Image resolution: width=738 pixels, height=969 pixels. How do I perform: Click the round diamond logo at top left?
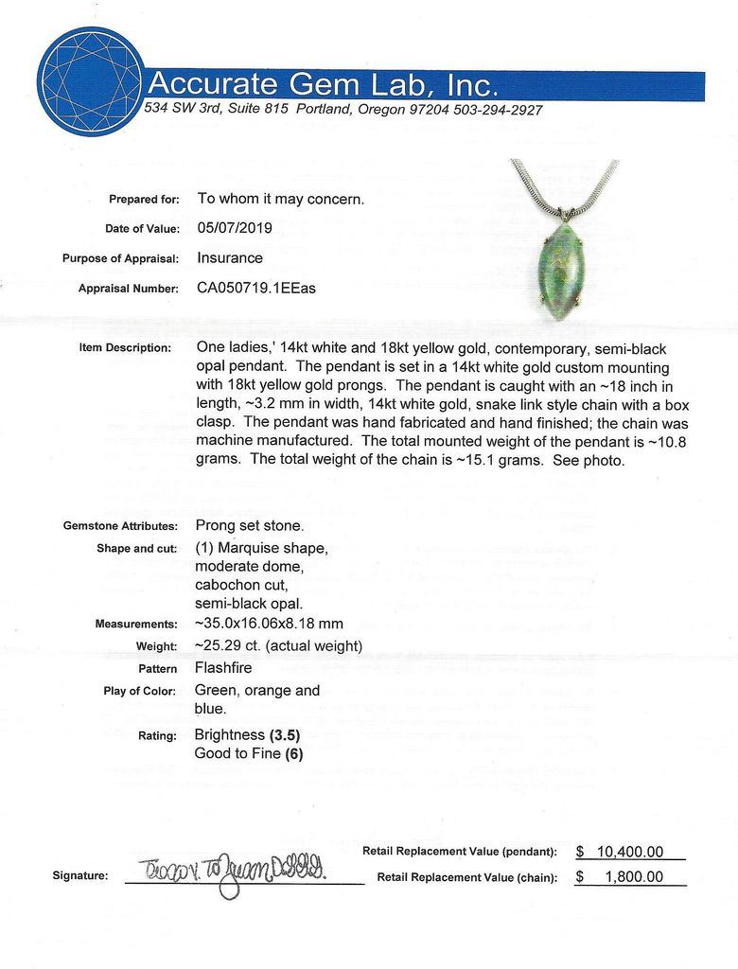[91, 81]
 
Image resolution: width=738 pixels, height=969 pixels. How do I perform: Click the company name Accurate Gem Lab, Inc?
[323, 85]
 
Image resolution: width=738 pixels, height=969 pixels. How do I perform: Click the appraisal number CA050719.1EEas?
[256, 288]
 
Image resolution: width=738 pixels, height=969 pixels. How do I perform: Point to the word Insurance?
[230, 257]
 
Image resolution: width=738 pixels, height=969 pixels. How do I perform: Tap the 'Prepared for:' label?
[144, 200]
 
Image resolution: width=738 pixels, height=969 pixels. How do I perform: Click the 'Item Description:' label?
[126, 348]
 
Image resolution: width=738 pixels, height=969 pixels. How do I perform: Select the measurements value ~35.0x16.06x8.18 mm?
[270, 624]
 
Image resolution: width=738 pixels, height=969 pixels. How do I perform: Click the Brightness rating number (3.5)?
[286, 734]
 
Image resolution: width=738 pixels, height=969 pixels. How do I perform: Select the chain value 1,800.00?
[641, 876]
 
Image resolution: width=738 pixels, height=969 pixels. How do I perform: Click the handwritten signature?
[233, 872]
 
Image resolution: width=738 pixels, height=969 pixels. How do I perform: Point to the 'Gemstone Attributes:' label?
[120, 526]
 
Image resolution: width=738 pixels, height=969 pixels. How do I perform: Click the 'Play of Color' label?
[140, 691]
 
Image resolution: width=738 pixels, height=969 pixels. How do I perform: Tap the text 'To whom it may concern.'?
[279, 199]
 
